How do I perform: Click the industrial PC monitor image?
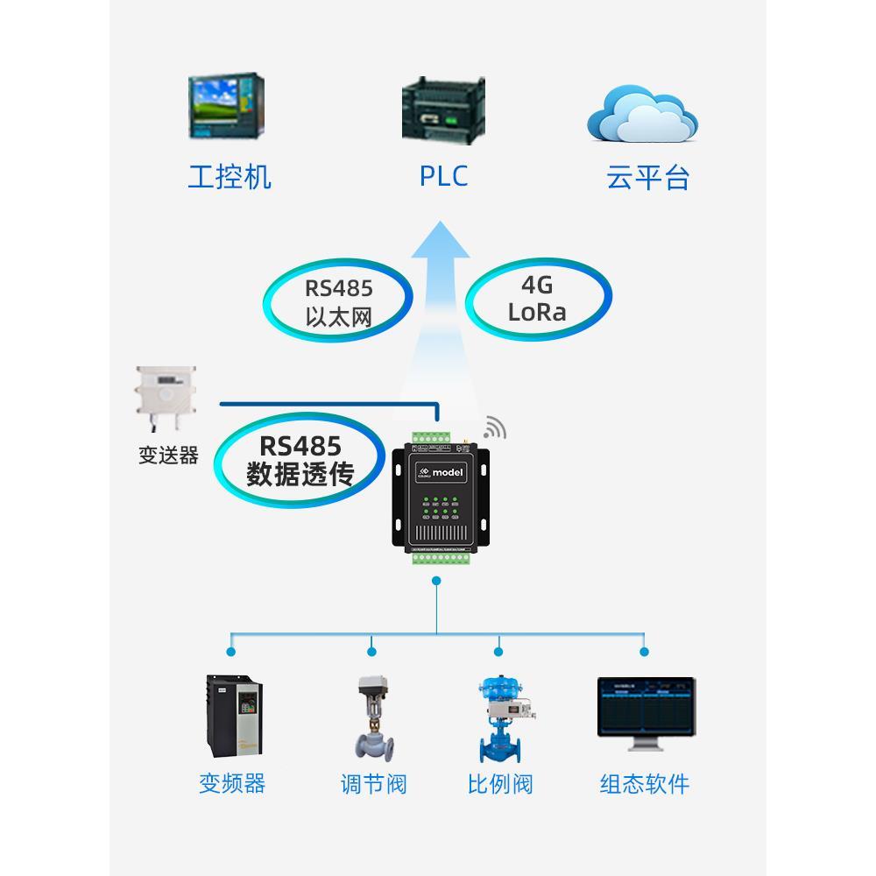click(x=226, y=107)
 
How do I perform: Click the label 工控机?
click(x=230, y=177)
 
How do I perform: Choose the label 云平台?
click(x=648, y=178)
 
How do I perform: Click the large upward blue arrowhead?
click(x=440, y=241)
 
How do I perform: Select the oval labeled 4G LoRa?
click(x=537, y=300)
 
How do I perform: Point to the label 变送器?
click(x=168, y=456)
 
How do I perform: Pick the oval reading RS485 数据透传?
click(x=300, y=462)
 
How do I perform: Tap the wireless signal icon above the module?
click(x=495, y=427)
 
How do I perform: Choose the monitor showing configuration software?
click(x=646, y=711)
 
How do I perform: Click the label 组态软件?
click(x=645, y=784)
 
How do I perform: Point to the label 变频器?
click(x=232, y=783)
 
